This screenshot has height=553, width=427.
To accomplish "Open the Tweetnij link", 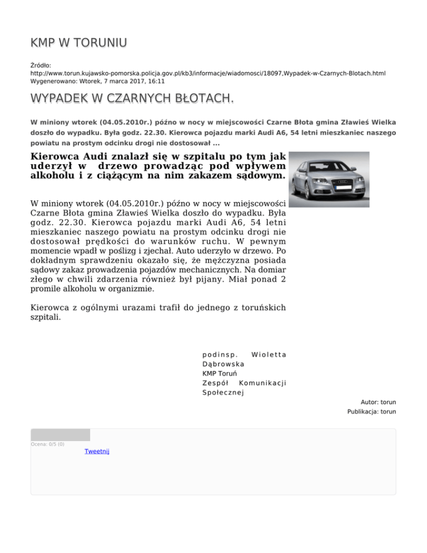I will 97,451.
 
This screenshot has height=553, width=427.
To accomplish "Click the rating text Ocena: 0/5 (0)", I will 48,444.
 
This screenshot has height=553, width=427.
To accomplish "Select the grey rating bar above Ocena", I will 60,434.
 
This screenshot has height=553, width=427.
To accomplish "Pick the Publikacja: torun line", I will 371,412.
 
